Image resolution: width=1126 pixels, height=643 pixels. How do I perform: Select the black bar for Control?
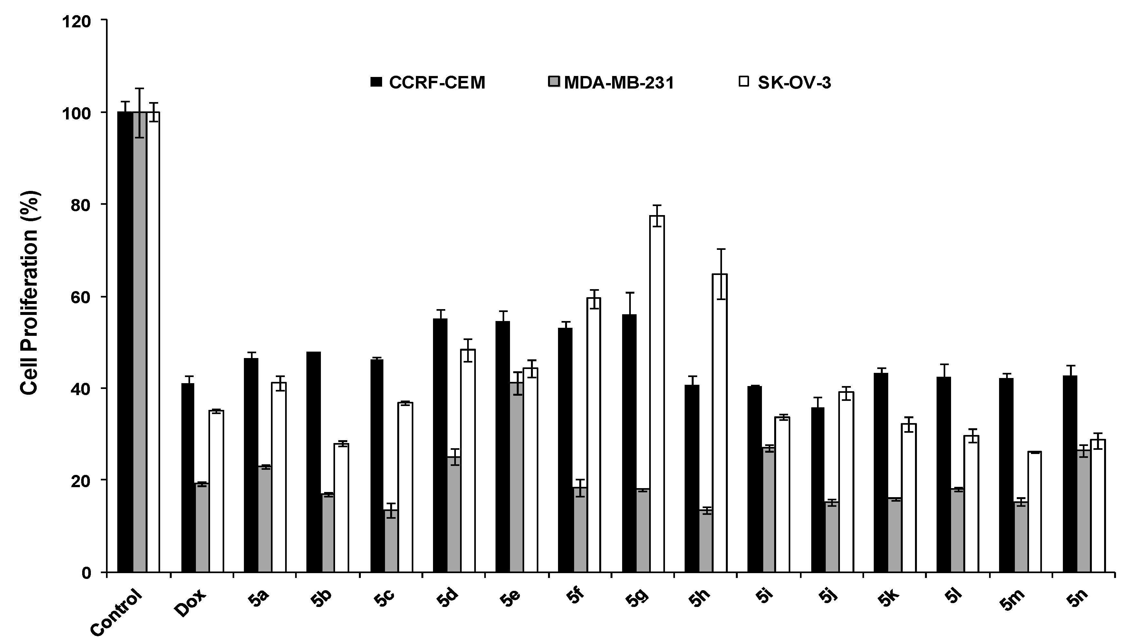click(125, 342)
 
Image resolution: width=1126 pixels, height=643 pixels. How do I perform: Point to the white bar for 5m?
click(1035, 512)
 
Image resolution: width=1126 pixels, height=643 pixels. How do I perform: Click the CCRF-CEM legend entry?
click(428, 82)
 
